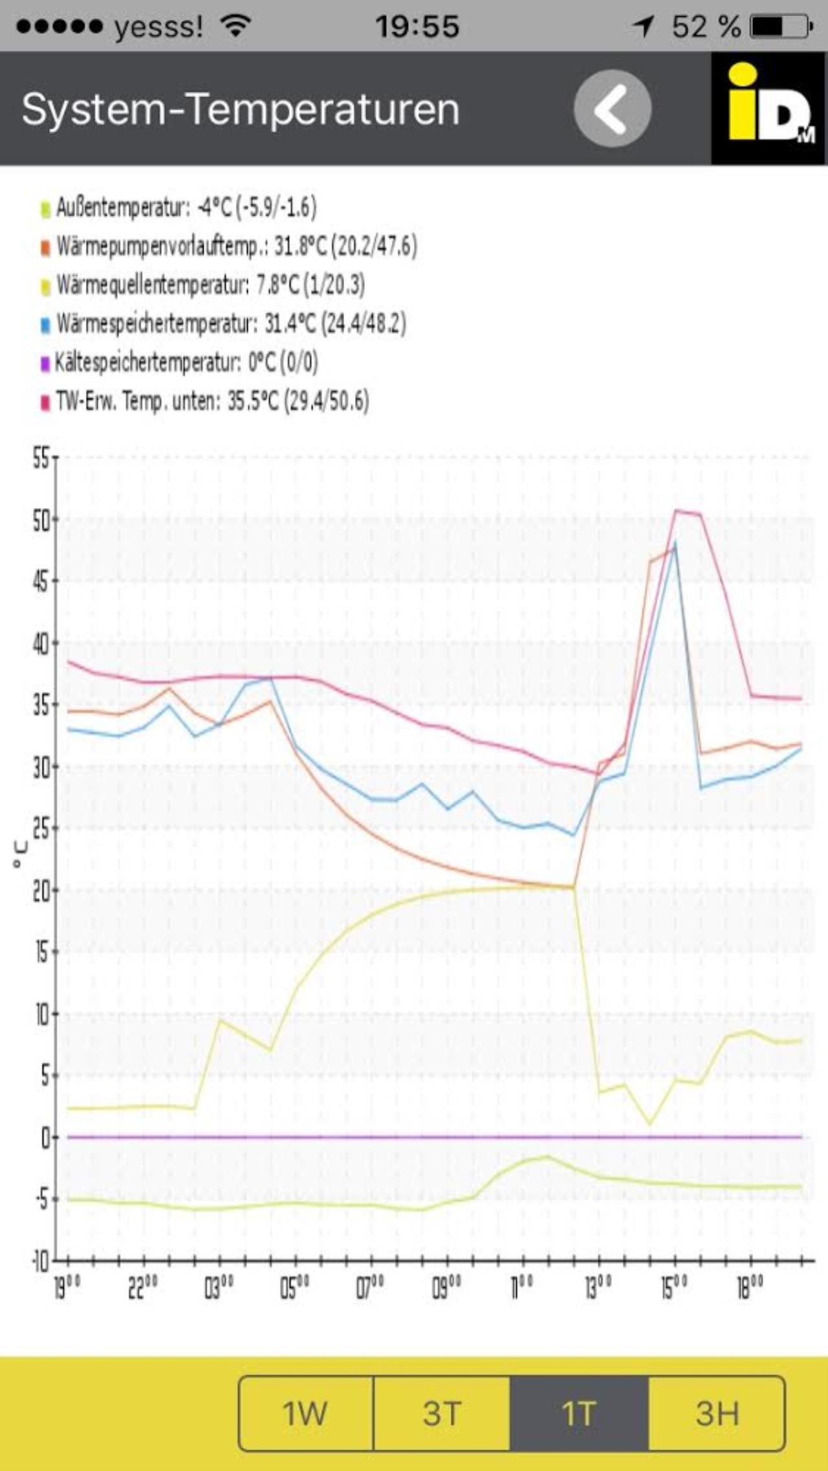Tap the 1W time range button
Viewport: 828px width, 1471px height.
click(x=305, y=1413)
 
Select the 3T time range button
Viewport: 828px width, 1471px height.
click(x=442, y=1413)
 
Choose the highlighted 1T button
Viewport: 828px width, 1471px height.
click(x=579, y=1413)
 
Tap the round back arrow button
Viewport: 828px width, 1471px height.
click(x=612, y=108)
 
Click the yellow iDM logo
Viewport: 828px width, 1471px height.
click(x=769, y=108)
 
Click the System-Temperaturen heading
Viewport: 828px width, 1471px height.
click(x=241, y=109)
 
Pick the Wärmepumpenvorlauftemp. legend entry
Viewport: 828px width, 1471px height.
click(x=229, y=247)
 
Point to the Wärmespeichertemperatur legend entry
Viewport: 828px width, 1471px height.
click(x=224, y=324)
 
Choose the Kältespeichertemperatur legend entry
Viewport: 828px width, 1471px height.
click(x=180, y=362)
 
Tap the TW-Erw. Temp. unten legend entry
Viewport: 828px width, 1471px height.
click(x=206, y=401)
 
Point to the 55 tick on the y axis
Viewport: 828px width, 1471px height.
click(x=41, y=458)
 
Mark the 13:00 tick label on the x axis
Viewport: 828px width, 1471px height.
click(x=599, y=1289)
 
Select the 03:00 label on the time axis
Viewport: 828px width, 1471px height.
click(x=219, y=1289)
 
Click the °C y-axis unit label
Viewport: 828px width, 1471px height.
click(x=21, y=855)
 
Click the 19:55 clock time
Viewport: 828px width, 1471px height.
click(x=417, y=27)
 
